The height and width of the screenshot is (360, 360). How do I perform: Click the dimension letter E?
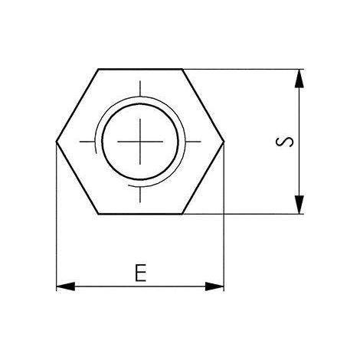(140, 273)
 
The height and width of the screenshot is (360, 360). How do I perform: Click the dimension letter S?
(284, 142)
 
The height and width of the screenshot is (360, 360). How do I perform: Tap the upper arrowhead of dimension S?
(299, 79)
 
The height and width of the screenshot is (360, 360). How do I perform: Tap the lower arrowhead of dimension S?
(299, 205)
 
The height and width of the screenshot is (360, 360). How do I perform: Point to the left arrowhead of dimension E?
(65, 286)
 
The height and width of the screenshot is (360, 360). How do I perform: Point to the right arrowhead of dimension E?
(214, 286)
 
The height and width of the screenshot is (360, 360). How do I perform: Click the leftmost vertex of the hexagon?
(56, 141)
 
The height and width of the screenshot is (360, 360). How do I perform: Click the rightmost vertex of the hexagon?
(224, 141)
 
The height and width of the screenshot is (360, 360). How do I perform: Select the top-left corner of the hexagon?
(99, 69)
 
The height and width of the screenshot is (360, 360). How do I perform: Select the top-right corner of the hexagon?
(182, 69)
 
